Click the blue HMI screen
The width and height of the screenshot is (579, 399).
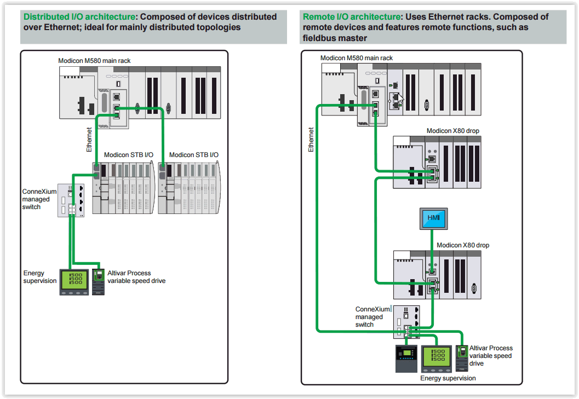[433, 218]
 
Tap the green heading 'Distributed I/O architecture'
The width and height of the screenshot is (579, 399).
[79, 17]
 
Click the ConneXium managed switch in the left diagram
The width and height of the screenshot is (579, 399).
[71, 200]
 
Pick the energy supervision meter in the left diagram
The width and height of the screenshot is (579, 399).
[73, 281]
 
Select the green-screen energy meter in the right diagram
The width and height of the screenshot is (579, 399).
[437, 358]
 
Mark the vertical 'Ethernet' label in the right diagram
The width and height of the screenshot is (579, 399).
[311, 140]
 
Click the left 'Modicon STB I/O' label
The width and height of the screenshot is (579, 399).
[129, 155]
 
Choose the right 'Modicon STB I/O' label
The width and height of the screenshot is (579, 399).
[193, 155]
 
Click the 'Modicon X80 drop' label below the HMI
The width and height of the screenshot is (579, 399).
[463, 245]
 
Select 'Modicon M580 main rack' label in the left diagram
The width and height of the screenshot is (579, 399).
[94, 60]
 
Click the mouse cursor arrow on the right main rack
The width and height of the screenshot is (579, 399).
[400, 98]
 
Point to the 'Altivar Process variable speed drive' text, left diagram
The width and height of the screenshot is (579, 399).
[136, 277]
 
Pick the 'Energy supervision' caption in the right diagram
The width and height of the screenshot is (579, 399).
[448, 378]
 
